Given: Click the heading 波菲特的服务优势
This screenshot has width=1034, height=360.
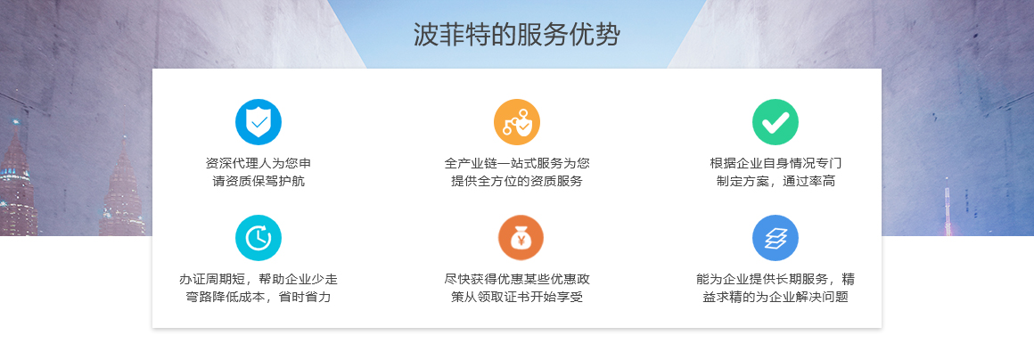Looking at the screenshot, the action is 517,35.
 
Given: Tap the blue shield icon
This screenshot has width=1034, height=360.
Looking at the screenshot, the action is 258,122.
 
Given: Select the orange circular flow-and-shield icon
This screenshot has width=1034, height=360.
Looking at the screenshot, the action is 517,122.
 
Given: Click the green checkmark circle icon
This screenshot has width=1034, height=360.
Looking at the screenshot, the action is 775,122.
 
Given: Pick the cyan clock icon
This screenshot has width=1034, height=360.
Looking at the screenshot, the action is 258,238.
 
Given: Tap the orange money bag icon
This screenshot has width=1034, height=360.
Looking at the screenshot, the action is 521,238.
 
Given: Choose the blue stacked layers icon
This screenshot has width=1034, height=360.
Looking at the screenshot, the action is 775,238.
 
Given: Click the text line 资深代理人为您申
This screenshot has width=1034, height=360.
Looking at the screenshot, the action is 258,163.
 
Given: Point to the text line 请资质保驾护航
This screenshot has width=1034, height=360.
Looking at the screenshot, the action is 258,181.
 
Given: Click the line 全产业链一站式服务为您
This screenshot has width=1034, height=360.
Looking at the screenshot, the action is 517,163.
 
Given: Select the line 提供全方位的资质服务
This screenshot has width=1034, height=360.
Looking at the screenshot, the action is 517,181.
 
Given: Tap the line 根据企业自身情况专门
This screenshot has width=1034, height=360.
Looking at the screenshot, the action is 775,163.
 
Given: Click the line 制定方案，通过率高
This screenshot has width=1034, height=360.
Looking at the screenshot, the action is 775,181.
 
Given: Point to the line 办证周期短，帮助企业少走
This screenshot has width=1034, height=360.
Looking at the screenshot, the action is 258,279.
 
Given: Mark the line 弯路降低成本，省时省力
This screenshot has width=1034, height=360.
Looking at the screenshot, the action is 258,298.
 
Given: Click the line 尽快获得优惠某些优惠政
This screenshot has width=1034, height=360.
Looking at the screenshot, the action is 517,279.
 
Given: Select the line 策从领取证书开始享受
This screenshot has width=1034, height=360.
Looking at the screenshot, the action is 517,298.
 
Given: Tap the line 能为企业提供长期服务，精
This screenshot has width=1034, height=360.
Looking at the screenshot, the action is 775,279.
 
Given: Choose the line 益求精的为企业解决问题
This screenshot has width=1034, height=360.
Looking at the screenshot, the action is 775,298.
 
